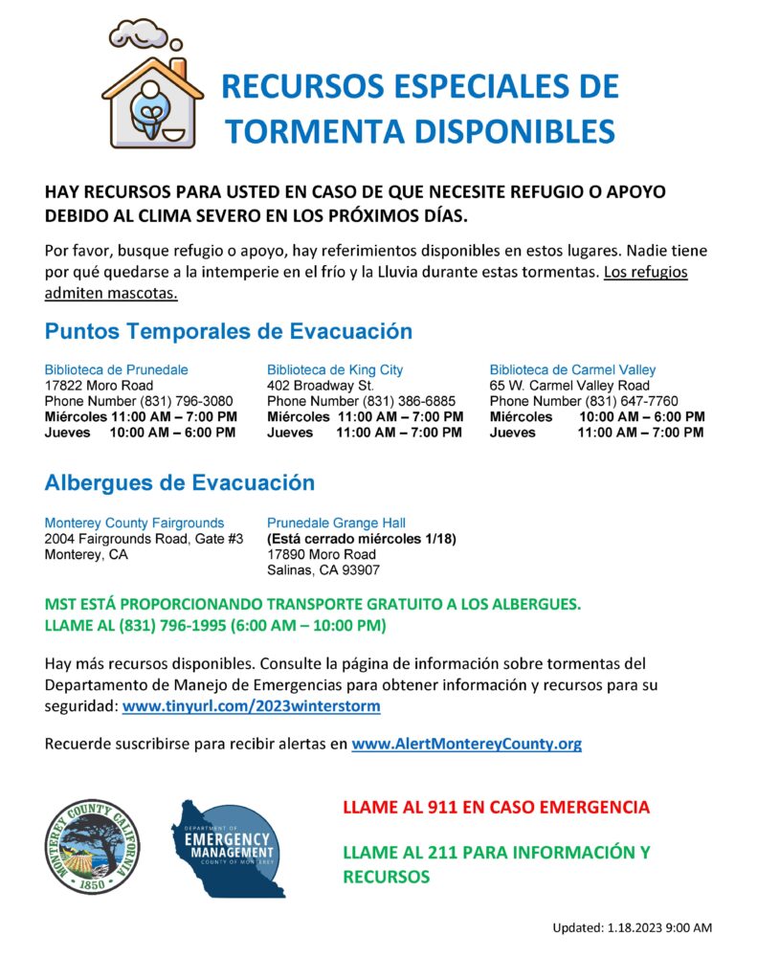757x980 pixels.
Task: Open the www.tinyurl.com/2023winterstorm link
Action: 252,706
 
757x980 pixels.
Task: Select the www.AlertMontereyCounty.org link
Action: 466,744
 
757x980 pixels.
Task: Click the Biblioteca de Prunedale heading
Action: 116,369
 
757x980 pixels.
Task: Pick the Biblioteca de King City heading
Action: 335,369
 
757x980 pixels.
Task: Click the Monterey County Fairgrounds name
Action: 134,523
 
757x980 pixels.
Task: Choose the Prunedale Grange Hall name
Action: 336,523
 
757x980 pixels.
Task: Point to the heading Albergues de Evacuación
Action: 179,483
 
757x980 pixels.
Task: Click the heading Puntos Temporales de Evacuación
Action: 228,331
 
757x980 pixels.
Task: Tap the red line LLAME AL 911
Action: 496,808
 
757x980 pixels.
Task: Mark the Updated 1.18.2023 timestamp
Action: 632,927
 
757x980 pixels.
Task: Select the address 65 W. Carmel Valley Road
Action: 569,386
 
